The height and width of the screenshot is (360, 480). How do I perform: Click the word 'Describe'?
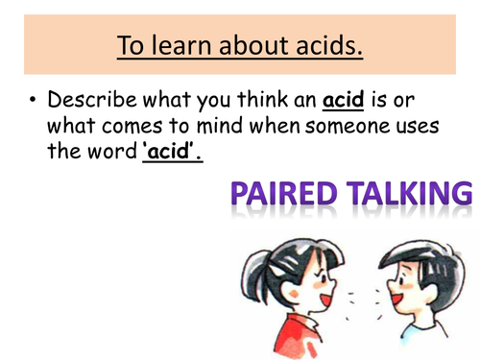pyautogui.click(x=97, y=101)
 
